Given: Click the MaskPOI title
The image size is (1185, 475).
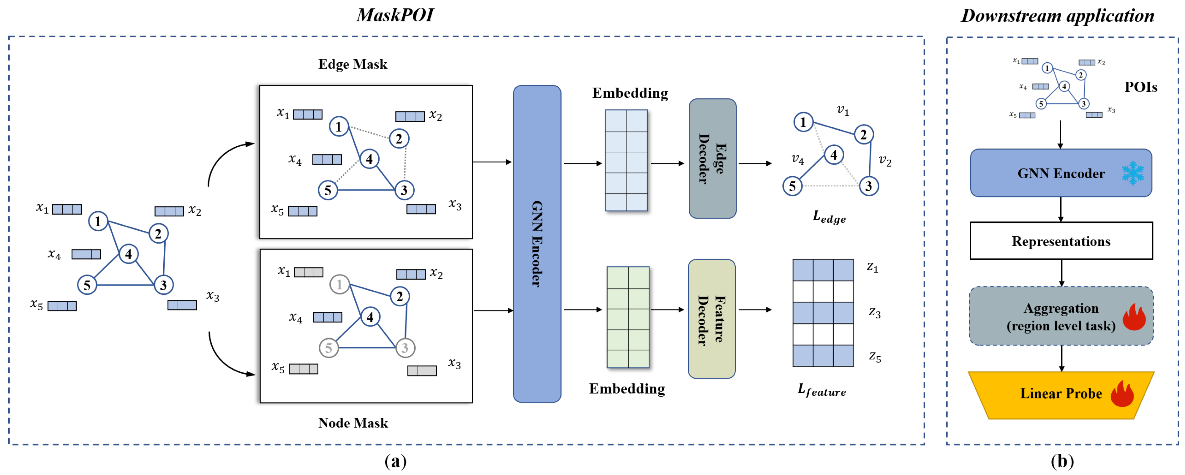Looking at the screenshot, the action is coord(395,15).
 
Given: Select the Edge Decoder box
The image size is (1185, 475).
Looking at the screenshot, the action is coord(712,158).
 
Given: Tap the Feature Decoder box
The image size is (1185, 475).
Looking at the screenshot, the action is coord(711,319).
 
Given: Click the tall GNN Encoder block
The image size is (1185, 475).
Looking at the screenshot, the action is coord(537,244).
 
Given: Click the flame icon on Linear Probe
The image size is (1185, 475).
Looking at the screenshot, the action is coord(1122,394).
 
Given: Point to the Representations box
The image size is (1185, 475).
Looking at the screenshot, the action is coord(1061,241).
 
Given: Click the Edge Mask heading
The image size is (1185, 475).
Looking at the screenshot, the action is coord(353,64).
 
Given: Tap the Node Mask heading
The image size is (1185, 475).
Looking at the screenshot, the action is coord(353,423).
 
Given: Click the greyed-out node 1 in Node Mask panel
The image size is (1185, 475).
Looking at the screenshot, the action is coord(339,285).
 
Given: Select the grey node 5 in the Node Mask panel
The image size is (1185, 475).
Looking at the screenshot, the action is coord(328,348).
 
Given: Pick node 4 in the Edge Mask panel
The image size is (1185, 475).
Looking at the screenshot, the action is coord(369,159).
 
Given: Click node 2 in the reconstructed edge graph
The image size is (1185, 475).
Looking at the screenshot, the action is coord(863,135).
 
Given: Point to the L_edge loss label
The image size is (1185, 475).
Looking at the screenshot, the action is coord(829,217).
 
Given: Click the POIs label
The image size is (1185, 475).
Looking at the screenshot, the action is coord(1140,87).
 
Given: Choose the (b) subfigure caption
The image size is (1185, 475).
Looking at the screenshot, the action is coord(1062,461).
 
